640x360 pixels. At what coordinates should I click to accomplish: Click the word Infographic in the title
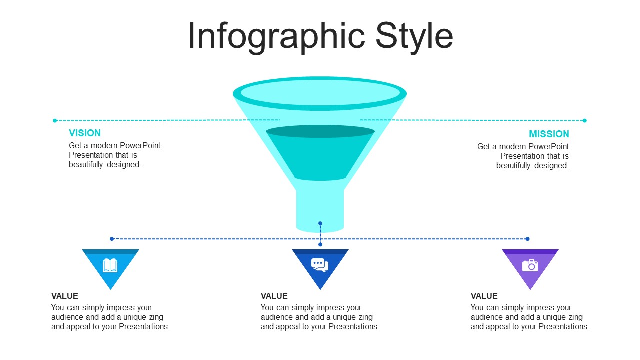[276, 37]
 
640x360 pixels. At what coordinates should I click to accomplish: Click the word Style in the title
[414, 37]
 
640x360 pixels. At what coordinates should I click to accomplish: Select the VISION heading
[85, 133]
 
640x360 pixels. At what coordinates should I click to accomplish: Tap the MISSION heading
[549, 134]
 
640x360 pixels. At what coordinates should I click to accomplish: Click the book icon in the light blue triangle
[110, 265]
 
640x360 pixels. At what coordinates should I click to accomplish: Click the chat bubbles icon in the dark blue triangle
[320, 265]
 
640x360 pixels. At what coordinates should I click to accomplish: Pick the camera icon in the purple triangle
[530, 265]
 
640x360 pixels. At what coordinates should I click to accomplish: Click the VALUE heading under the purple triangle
[484, 296]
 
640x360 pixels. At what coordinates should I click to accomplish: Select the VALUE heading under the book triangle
[65, 296]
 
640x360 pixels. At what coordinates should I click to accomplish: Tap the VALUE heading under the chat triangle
[274, 296]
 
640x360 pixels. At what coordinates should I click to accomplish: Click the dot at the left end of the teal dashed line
[55, 121]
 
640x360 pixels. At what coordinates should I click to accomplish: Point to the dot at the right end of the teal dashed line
[585, 121]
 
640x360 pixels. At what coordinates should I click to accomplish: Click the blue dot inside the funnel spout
[320, 223]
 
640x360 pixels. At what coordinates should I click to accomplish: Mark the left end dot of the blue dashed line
[112, 239]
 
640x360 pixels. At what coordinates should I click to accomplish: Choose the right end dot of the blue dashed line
[527, 239]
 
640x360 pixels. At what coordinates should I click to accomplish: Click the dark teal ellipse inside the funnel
[320, 131]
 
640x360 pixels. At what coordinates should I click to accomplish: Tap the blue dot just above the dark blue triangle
[320, 244]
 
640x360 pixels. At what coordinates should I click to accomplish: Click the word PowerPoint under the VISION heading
[140, 145]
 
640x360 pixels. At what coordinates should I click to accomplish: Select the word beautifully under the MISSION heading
[513, 166]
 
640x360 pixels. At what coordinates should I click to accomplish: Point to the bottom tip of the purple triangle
[530, 289]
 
